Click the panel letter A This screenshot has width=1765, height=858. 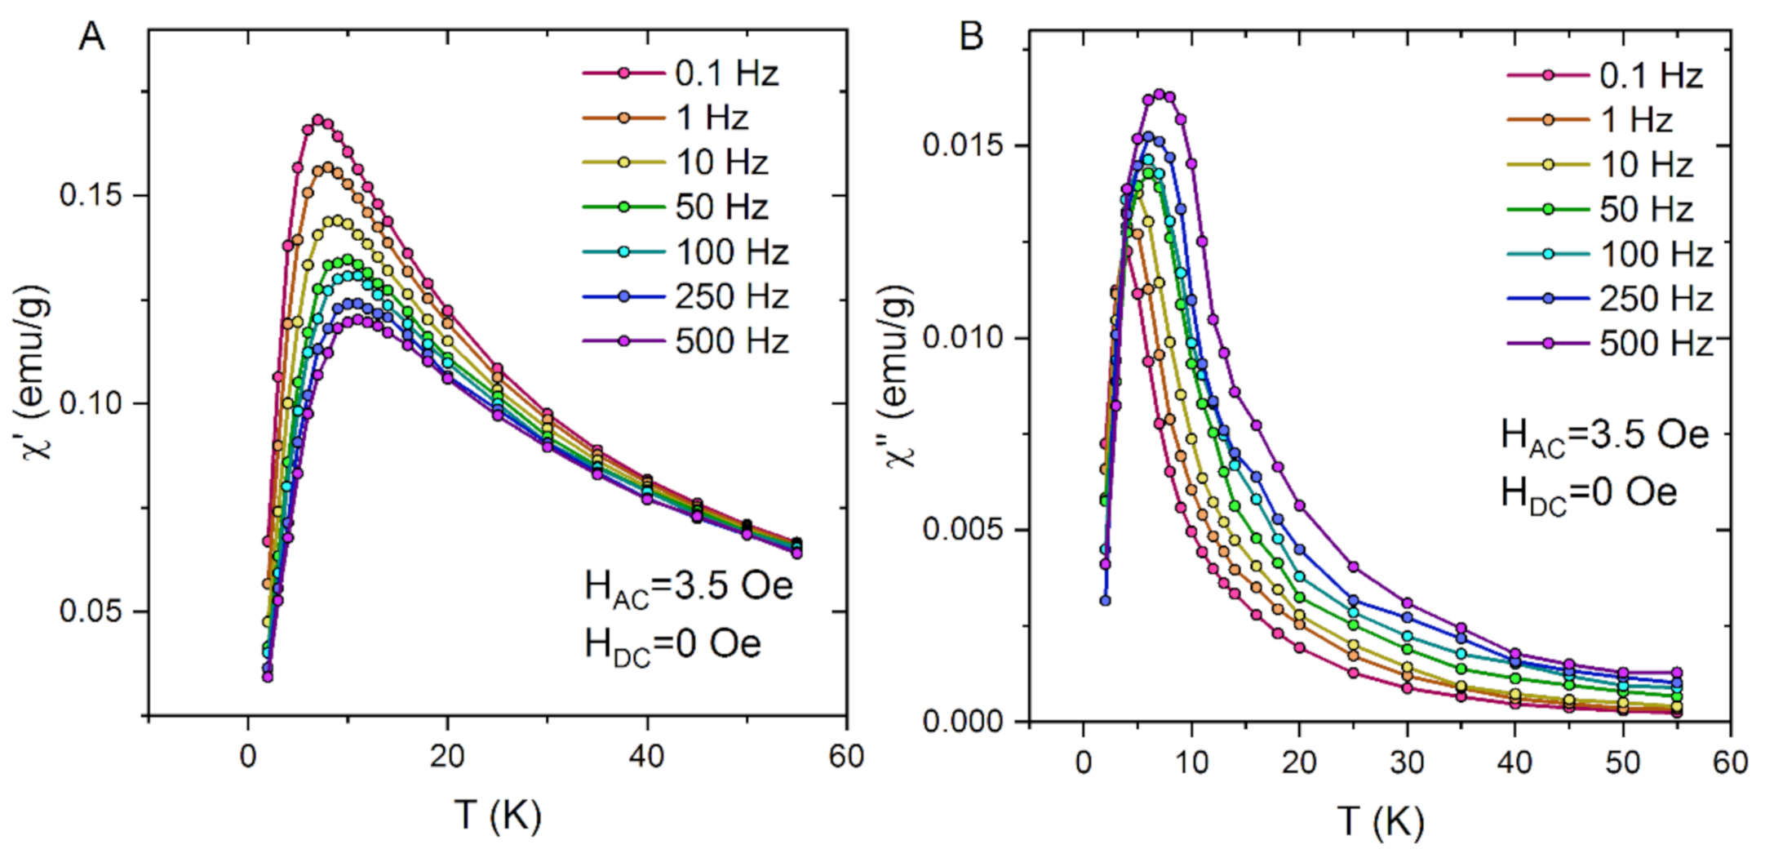pyautogui.click(x=91, y=38)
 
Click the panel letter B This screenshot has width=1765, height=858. pyautogui.click(x=971, y=38)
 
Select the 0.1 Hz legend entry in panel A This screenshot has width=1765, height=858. pyautogui.click(x=682, y=73)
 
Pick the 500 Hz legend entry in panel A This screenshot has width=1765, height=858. pyautogui.click(x=685, y=340)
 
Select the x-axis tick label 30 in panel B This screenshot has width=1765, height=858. pyautogui.click(x=1407, y=762)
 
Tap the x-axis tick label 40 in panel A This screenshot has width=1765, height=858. pyautogui.click(x=647, y=757)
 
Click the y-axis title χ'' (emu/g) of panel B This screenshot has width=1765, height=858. pyautogui.click(x=898, y=376)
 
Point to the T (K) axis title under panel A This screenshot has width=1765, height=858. pyautogui.click(x=498, y=815)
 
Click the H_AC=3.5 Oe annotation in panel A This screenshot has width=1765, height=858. pyautogui.click(x=688, y=587)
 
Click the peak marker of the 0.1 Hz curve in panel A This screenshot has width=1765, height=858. pyautogui.click(x=317, y=119)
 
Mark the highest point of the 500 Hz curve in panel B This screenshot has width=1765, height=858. pyautogui.click(x=1159, y=95)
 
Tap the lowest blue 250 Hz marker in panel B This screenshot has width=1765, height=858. pyautogui.click(x=1105, y=600)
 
